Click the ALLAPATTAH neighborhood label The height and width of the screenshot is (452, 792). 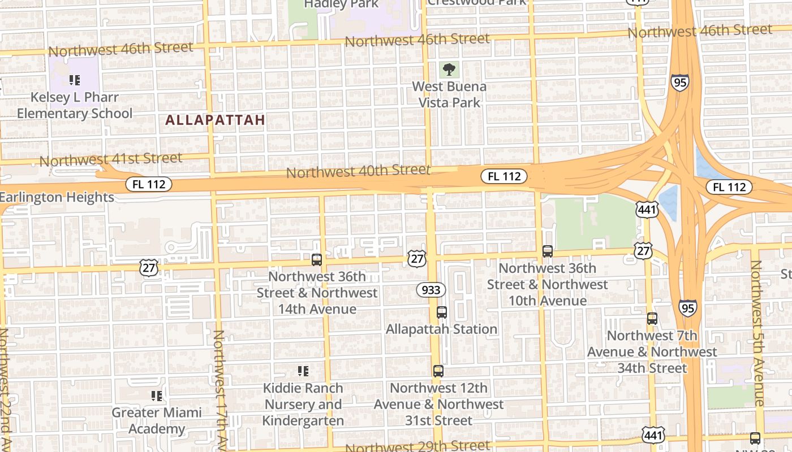point(215,120)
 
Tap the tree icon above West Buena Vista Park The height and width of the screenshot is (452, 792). point(450,70)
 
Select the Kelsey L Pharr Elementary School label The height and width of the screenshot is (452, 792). point(75,105)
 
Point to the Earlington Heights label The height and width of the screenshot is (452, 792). point(57,197)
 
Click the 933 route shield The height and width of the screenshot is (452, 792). point(431,290)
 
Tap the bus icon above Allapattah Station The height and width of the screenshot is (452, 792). point(442,312)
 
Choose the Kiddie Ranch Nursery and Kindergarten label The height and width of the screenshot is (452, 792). point(303,405)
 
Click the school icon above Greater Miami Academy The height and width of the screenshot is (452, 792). point(157,395)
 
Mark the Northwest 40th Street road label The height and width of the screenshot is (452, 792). point(358,171)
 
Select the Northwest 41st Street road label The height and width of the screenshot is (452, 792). point(111,159)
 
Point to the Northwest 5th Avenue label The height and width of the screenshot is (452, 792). point(758,333)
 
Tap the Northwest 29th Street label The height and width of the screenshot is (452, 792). point(417,446)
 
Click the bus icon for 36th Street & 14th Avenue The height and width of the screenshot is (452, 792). point(317,260)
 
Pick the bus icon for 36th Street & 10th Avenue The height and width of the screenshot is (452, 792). point(547,251)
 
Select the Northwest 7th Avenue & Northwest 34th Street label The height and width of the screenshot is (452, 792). point(652,352)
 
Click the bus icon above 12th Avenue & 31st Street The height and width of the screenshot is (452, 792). point(438,371)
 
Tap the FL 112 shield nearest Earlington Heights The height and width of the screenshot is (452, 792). point(148,184)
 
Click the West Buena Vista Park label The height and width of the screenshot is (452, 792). point(449,94)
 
